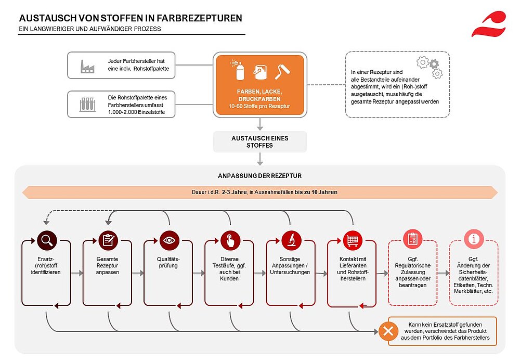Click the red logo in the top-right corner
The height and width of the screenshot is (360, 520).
[489, 24]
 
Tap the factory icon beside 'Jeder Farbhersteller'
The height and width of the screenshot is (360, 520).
[87, 67]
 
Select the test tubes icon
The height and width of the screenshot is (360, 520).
[87, 105]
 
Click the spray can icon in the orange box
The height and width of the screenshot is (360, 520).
[238, 70]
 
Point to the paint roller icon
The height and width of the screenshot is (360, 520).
[282, 71]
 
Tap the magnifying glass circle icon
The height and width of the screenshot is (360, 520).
[47, 240]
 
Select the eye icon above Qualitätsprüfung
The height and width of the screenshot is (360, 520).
[169, 240]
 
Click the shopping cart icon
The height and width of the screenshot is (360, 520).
[353, 240]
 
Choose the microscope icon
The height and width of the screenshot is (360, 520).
[292, 240]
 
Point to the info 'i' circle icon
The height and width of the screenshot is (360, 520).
[474, 239]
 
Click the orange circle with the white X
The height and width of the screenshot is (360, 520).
[388, 331]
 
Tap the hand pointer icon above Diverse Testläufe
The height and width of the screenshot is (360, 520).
[230, 240]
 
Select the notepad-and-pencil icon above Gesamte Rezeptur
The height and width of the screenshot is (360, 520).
[108, 240]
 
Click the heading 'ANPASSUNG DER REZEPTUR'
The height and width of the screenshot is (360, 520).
[259, 176]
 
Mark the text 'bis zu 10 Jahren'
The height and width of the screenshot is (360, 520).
[316, 192]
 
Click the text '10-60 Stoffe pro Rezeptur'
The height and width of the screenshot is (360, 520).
[259, 106]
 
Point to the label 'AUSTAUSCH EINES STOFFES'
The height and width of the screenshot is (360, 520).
[259, 142]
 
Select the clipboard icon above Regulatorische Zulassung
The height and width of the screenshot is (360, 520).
[412, 239]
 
